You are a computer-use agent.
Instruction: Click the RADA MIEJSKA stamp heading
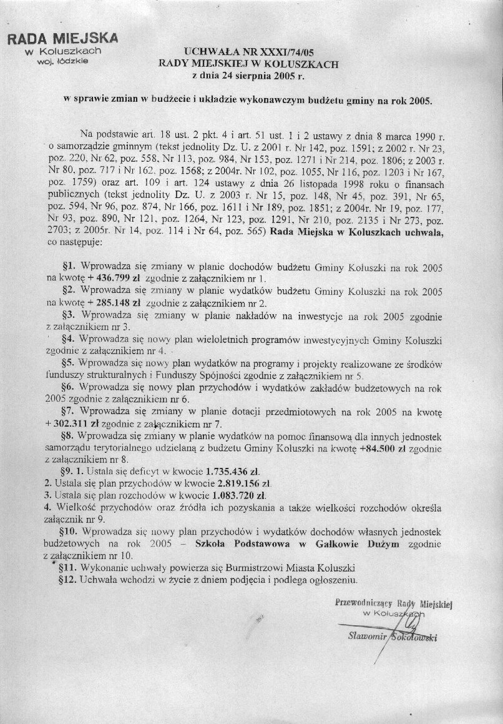62,39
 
